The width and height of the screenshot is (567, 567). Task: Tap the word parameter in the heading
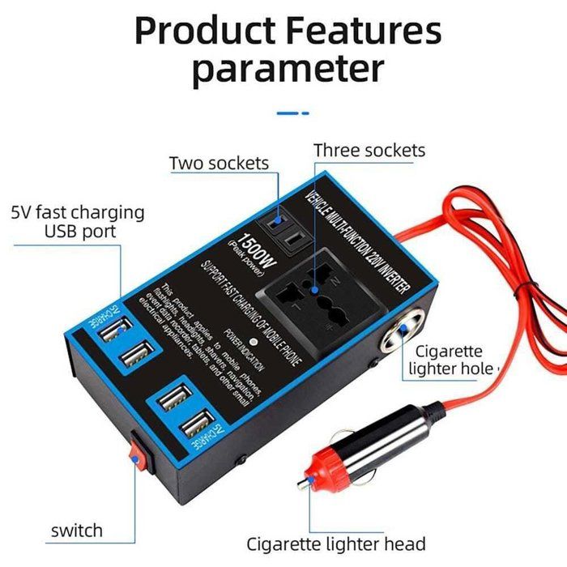point(288,70)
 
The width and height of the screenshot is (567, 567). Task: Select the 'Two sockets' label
point(219,163)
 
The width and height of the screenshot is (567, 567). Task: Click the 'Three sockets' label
point(369,150)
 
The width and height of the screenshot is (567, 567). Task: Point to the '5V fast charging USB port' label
point(78,222)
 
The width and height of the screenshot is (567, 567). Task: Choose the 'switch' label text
point(77,531)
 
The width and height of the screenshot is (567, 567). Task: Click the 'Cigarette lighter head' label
point(335,543)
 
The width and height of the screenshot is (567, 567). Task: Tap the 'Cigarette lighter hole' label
point(450,360)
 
